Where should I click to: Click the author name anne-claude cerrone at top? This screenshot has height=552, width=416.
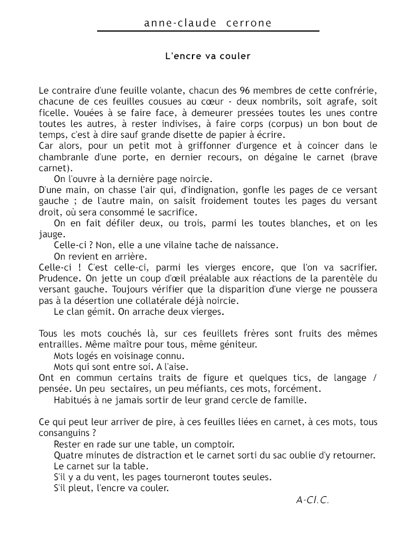click(207, 23)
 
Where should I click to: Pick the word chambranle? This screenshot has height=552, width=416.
click(64, 157)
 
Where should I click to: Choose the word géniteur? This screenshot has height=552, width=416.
click(236, 345)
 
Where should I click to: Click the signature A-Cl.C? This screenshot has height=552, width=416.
click(313, 500)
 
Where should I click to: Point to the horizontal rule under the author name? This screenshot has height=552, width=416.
click(207, 31)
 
